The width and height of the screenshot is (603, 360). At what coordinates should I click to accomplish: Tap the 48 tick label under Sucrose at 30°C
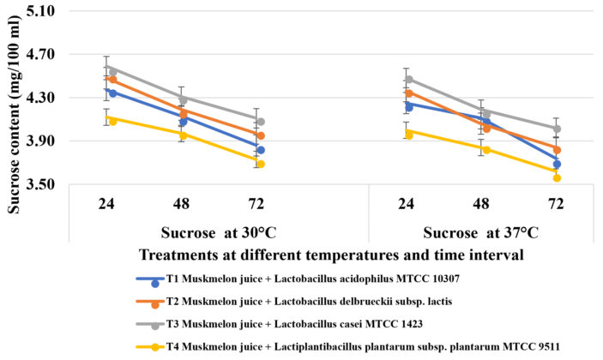[x=182, y=204]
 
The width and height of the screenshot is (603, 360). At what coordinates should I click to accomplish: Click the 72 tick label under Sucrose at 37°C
[x=556, y=204]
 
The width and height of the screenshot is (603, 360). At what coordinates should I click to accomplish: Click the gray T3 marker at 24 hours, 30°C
[x=113, y=72]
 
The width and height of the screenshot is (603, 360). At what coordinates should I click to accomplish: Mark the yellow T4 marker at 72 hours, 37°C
[x=557, y=177]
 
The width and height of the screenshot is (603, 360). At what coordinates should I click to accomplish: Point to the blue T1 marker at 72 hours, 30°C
[x=260, y=150]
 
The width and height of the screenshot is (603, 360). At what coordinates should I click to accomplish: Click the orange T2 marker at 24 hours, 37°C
[x=408, y=93]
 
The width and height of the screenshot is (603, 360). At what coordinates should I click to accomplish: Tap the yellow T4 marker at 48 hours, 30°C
[x=183, y=135]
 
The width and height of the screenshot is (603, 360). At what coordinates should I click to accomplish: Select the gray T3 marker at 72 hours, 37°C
[x=557, y=129]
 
